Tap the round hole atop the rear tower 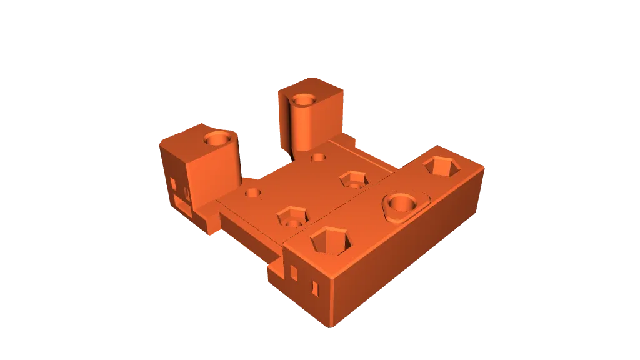[304, 99]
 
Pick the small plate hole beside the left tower [252, 193]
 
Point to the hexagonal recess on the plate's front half [292, 217]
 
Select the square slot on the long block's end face [294, 271]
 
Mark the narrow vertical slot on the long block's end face [315, 287]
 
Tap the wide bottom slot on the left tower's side [181, 204]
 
